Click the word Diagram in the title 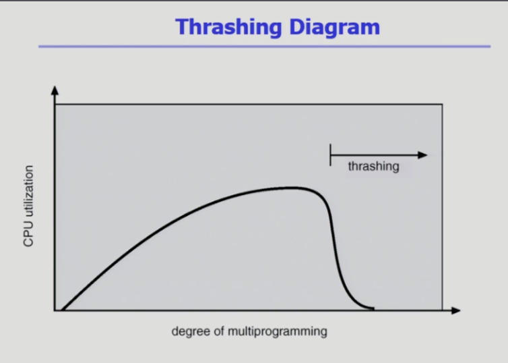coord(335,28)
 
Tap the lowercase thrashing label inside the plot coord(373,167)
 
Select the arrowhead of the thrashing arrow coord(423,155)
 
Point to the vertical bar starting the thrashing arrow coord(330,155)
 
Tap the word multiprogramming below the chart coord(278,332)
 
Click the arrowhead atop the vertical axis coord(55,90)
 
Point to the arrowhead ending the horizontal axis coord(455,310)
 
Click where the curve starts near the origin coord(62,310)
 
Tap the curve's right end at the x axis coord(373,308)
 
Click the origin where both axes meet coord(55,310)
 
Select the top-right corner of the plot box coord(442,104)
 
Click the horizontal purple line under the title coord(264,47)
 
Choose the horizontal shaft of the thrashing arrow coord(375,155)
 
